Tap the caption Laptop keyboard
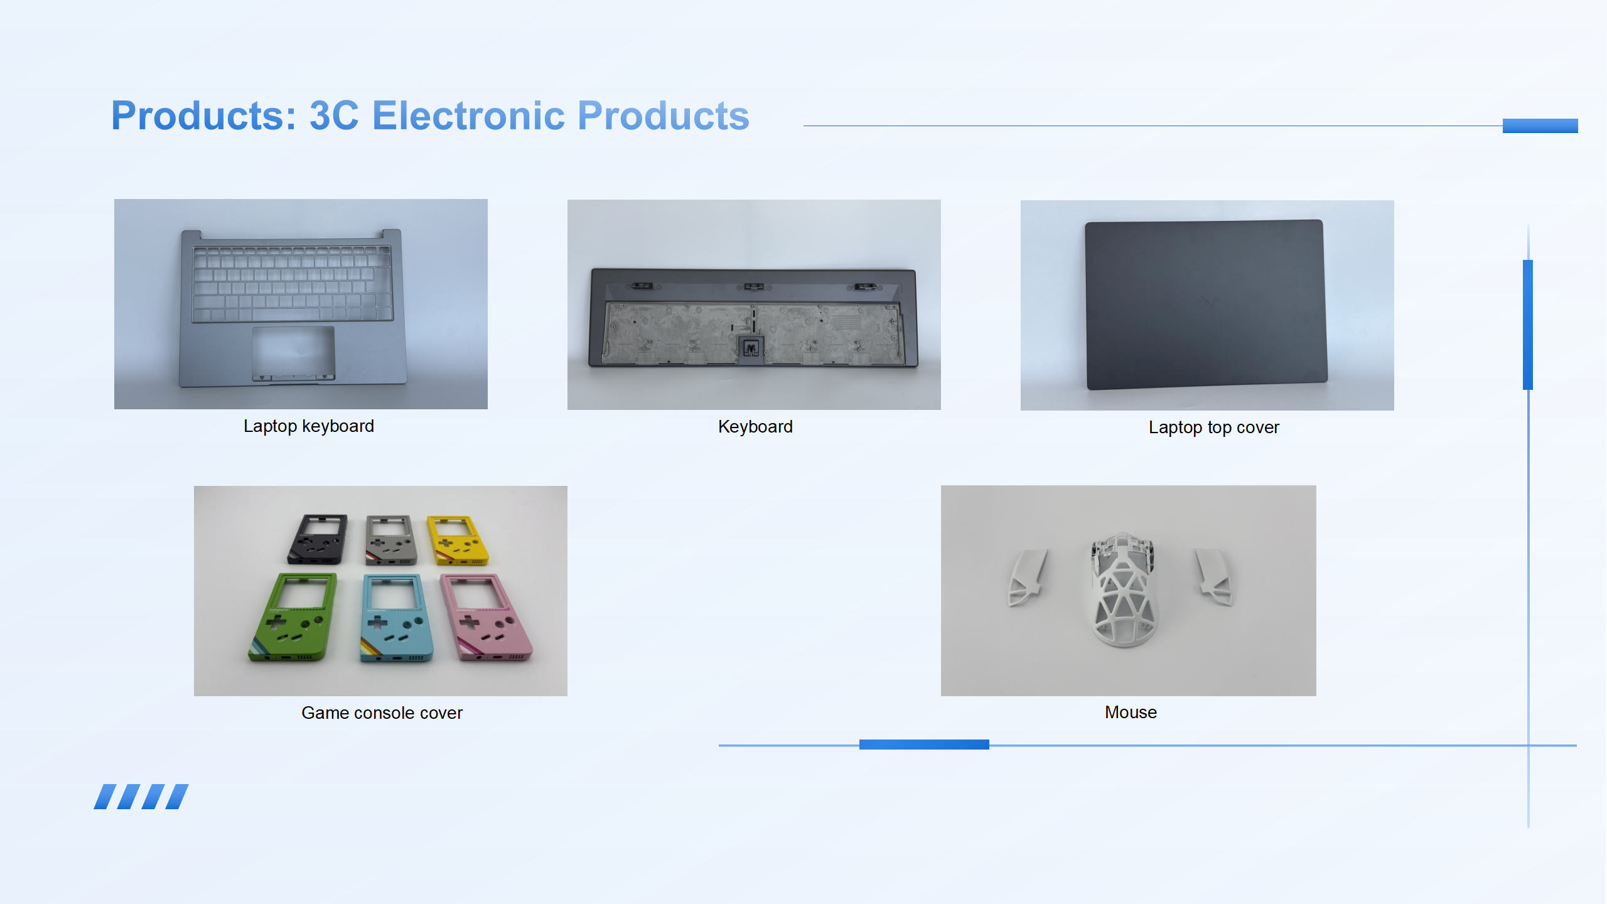[309, 426]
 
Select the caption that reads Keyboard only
[755, 427]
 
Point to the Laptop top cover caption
[1214, 428]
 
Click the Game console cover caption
[382, 713]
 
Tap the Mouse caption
[1131, 713]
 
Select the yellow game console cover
[456, 539]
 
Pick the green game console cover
[293, 616]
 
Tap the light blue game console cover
[397, 618]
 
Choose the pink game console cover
[486, 616]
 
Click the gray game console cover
[390, 539]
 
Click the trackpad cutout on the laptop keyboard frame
[293, 353]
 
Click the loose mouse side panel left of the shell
[1026, 578]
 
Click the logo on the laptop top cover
[1208, 303]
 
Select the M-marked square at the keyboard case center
[751, 348]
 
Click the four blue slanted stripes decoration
[141, 797]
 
